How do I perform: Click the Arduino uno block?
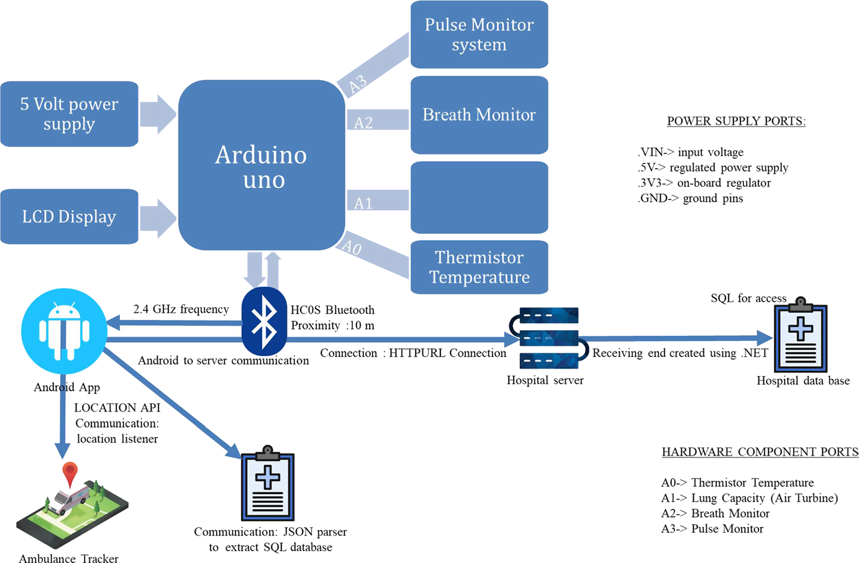point(261,166)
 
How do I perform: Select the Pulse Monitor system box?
point(479,35)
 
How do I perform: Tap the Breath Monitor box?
point(479,115)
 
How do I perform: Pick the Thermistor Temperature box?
point(479,267)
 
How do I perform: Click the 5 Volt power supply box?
point(69,114)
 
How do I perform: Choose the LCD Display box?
point(69,217)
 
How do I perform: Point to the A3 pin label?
point(358,84)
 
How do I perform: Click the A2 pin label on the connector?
point(363,123)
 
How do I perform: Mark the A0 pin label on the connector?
point(352,248)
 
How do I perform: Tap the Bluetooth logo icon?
point(265,322)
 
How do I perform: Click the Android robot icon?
point(64,331)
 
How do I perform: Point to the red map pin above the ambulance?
point(70,474)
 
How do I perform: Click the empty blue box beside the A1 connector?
point(479,197)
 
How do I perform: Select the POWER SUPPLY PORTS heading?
point(736,121)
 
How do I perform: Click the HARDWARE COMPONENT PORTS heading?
point(760,452)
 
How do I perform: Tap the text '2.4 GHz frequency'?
point(181,309)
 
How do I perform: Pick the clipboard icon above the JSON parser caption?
point(268,484)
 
